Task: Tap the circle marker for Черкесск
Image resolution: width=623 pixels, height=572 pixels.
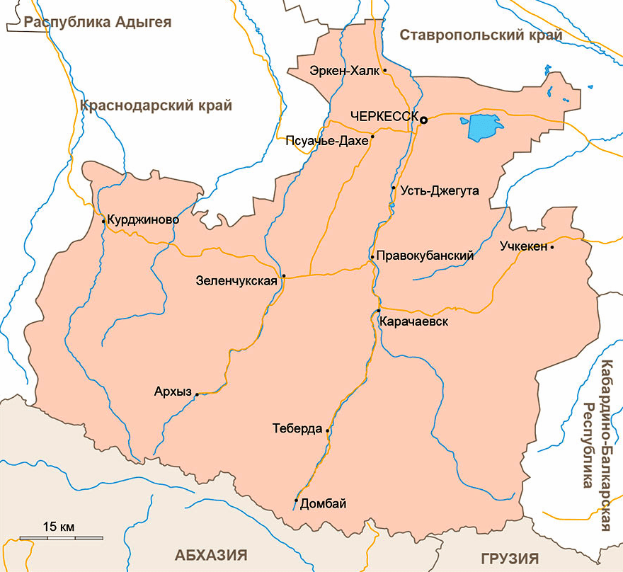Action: [x=424, y=120]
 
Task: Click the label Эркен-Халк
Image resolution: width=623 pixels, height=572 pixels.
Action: [x=344, y=71]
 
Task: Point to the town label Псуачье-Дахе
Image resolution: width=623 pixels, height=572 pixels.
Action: [x=326, y=141]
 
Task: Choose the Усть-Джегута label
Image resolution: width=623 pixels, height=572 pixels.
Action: [x=440, y=191]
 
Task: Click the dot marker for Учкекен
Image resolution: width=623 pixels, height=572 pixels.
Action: [x=552, y=247]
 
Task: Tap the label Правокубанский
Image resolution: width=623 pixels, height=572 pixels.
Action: [x=425, y=256]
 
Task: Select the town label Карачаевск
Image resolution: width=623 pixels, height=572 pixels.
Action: [x=414, y=322]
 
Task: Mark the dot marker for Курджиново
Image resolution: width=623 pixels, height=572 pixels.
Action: [x=104, y=221]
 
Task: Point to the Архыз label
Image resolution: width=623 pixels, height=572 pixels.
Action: [x=173, y=391]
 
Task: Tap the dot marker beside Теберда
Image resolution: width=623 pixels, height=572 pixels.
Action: [x=328, y=430]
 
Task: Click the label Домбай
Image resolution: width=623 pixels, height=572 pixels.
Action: [x=324, y=504]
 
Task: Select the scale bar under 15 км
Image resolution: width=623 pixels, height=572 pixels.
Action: [x=61, y=539]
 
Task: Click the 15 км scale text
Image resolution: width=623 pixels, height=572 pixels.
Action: [x=59, y=527]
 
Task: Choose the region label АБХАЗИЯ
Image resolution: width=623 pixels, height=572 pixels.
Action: [x=212, y=554]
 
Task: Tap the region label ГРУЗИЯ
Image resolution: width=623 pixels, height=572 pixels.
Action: [x=510, y=558]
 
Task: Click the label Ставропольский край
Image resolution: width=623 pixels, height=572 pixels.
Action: [x=481, y=35]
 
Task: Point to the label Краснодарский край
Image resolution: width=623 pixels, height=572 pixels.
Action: [x=156, y=106]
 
